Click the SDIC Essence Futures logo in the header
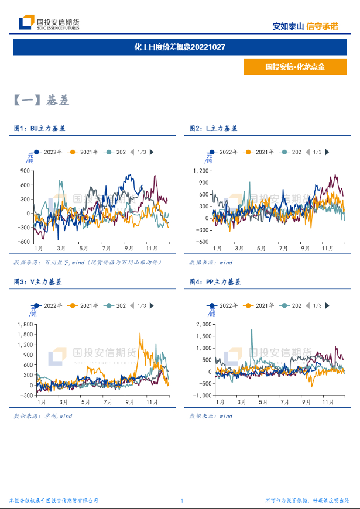(x=50, y=23)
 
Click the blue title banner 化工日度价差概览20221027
(x=180, y=47)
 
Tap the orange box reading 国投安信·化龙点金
(x=294, y=67)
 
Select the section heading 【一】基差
(x=41, y=101)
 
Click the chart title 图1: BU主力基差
(x=40, y=128)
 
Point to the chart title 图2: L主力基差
(x=213, y=128)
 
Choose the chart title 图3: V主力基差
(x=37, y=282)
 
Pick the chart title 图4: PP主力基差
(x=215, y=282)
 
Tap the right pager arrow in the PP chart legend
(x=328, y=306)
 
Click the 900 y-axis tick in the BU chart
(x=25, y=171)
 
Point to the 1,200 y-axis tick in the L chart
(x=200, y=171)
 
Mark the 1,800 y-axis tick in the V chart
(x=25, y=324)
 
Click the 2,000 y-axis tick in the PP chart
(x=200, y=324)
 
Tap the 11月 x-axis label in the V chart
(x=152, y=402)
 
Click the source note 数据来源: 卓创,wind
(x=43, y=416)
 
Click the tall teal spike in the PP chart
(x=252, y=331)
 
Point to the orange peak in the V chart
(x=140, y=334)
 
